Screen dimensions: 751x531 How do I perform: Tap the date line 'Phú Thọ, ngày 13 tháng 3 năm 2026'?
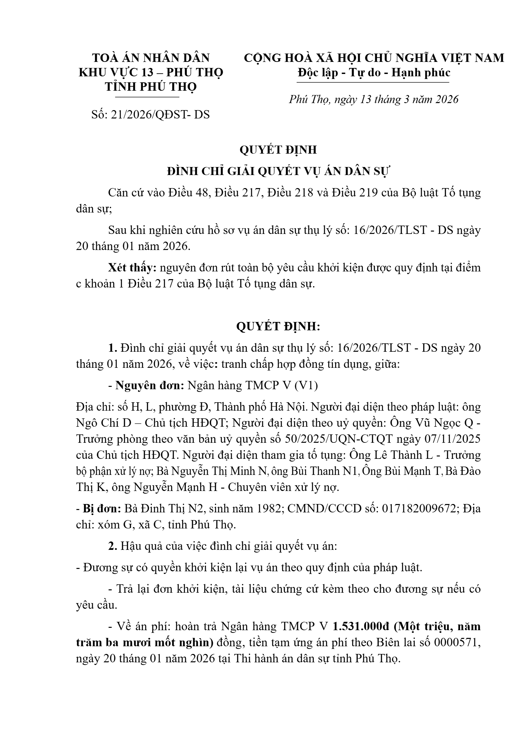[374, 99]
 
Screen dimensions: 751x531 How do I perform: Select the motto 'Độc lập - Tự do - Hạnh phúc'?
[374, 72]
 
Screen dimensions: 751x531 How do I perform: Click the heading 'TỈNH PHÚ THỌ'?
[151, 87]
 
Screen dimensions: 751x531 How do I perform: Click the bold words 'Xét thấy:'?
[133, 268]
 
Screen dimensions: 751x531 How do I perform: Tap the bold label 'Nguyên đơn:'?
[150, 386]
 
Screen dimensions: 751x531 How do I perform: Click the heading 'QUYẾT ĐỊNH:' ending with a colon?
[278, 326]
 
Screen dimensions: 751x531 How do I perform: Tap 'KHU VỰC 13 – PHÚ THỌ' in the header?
[151, 72]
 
